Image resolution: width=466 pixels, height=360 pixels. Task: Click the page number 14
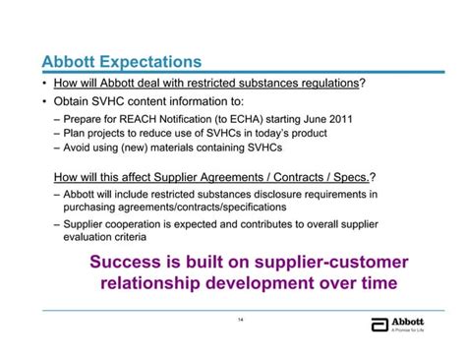click(x=240, y=320)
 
